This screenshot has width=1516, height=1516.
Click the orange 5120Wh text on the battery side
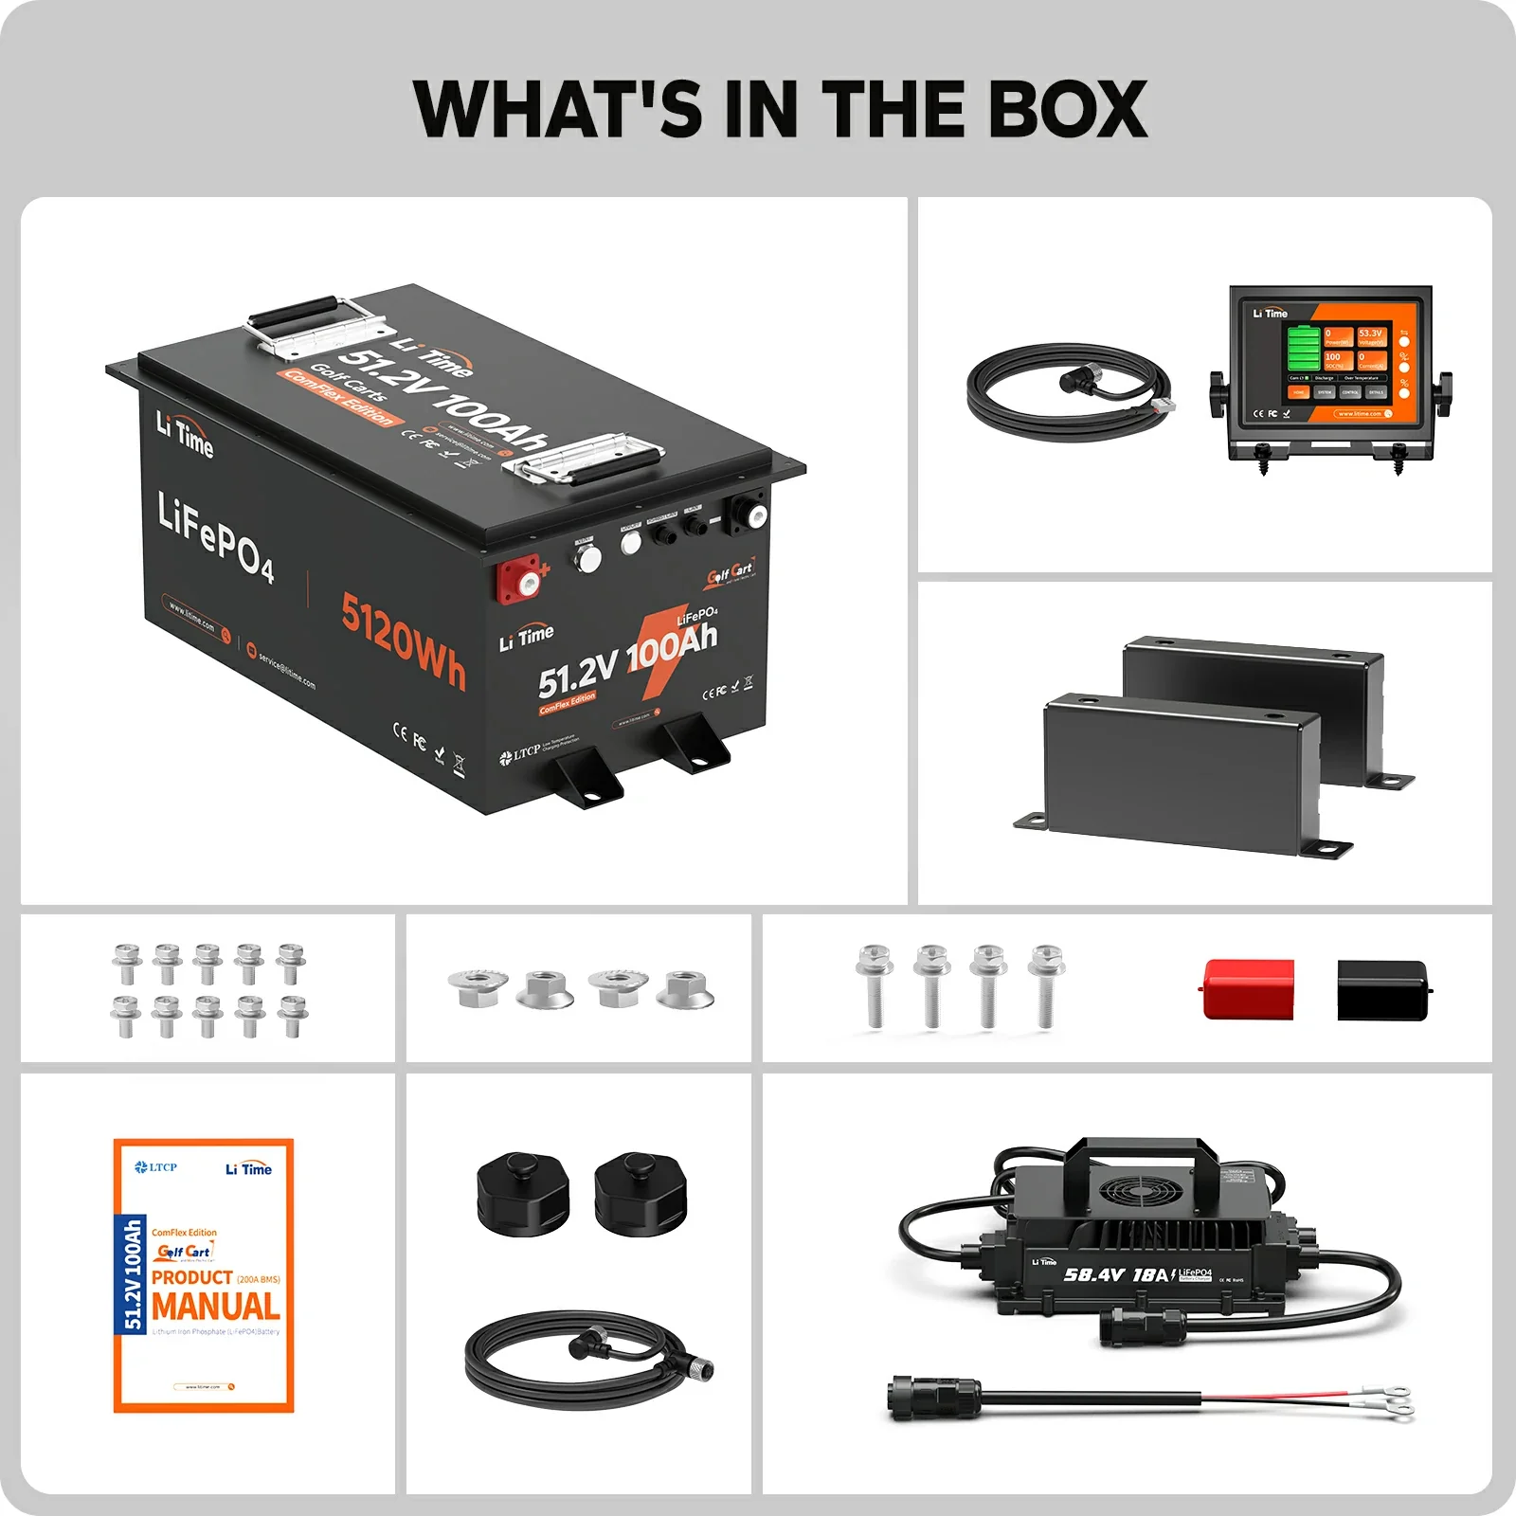click(x=404, y=641)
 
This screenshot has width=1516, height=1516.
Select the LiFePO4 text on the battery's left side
click(x=216, y=536)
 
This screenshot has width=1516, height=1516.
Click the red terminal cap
click(x=1248, y=990)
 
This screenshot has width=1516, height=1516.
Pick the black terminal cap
click(x=1382, y=991)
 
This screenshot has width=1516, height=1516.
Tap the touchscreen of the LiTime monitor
click(x=1336, y=364)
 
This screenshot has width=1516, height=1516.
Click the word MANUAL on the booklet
click(x=216, y=1307)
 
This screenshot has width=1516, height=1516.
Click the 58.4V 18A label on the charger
click(x=1116, y=1275)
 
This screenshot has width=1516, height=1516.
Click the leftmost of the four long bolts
click(x=874, y=985)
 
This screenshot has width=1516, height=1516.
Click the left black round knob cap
click(x=523, y=1193)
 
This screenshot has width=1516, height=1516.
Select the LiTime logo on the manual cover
click(x=248, y=1169)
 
